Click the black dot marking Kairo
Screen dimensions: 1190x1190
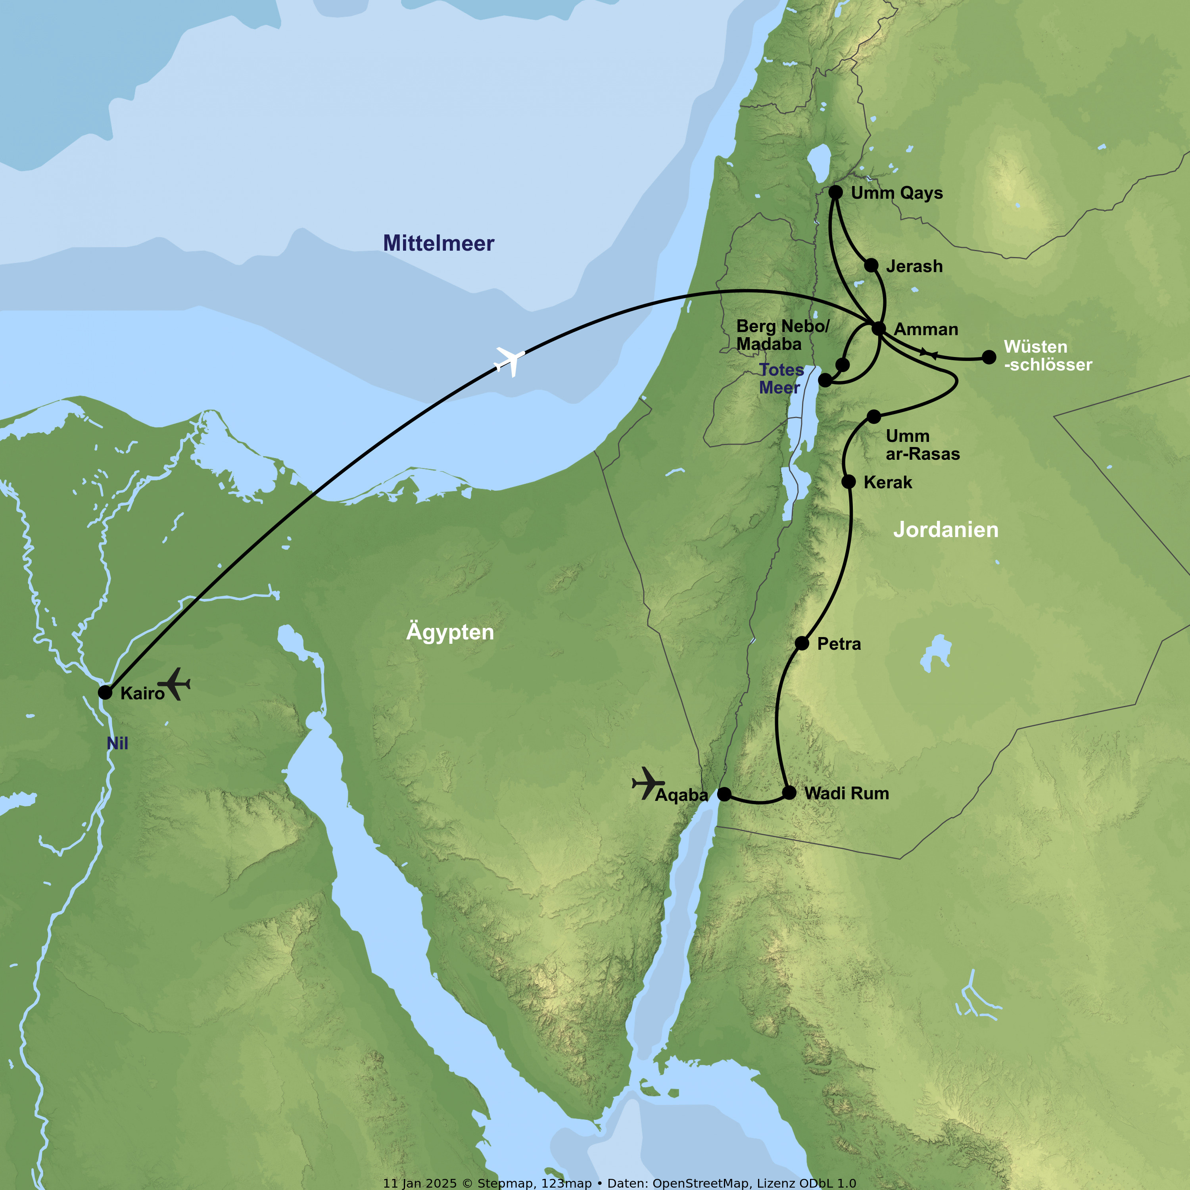pyautogui.click(x=106, y=692)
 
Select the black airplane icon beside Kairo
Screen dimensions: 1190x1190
pyautogui.click(x=174, y=684)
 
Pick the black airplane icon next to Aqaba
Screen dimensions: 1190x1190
pyautogui.click(x=647, y=783)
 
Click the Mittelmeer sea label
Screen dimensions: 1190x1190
pyautogui.click(x=439, y=243)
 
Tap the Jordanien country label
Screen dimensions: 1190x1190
pyautogui.click(x=946, y=530)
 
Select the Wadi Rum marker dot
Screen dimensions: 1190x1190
pyautogui.click(x=789, y=792)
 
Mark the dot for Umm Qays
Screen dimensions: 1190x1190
pyautogui.click(x=835, y=192)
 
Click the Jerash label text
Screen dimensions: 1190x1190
pyautogui.click(x=914, y=266)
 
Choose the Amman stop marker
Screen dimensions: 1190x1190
pyautogui.click(x=879, y=328)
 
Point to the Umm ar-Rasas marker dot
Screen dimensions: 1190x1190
pyautogui.click(x=873, y=417)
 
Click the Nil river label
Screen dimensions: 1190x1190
pyautogui.click(x=117, y=743)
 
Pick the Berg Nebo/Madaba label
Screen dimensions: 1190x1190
pyautogui.click(x=782, y=335)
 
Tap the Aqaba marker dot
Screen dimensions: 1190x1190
pyautogui.click(x=724, y=794)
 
